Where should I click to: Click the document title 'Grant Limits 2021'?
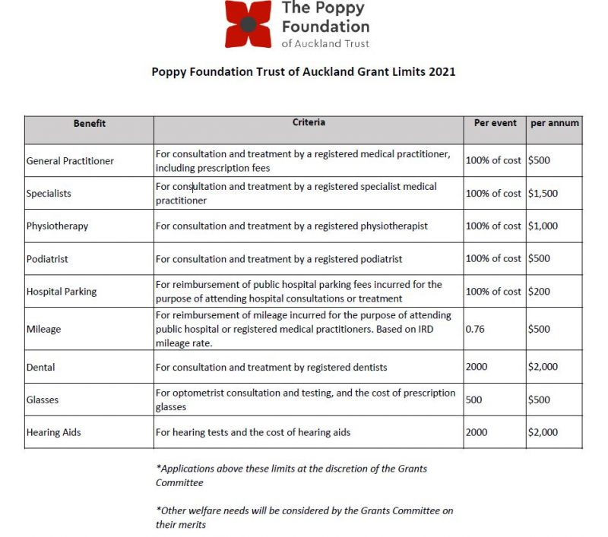303,72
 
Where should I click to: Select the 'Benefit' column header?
89,123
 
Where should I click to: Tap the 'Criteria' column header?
309,122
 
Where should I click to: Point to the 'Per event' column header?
495,123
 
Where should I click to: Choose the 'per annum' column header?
555,123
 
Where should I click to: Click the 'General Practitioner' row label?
70,161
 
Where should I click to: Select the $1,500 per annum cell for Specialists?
543,194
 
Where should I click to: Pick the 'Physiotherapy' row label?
57,226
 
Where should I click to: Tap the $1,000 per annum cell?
543,226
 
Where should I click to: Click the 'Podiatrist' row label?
47,259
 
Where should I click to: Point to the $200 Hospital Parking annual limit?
540,292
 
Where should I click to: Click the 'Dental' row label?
41,368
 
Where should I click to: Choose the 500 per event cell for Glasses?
473,400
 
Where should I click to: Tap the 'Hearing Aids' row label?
53,433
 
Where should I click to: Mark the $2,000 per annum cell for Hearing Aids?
543,433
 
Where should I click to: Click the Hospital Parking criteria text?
298,292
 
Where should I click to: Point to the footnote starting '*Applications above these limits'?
291,475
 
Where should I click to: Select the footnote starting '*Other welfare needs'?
304,517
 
